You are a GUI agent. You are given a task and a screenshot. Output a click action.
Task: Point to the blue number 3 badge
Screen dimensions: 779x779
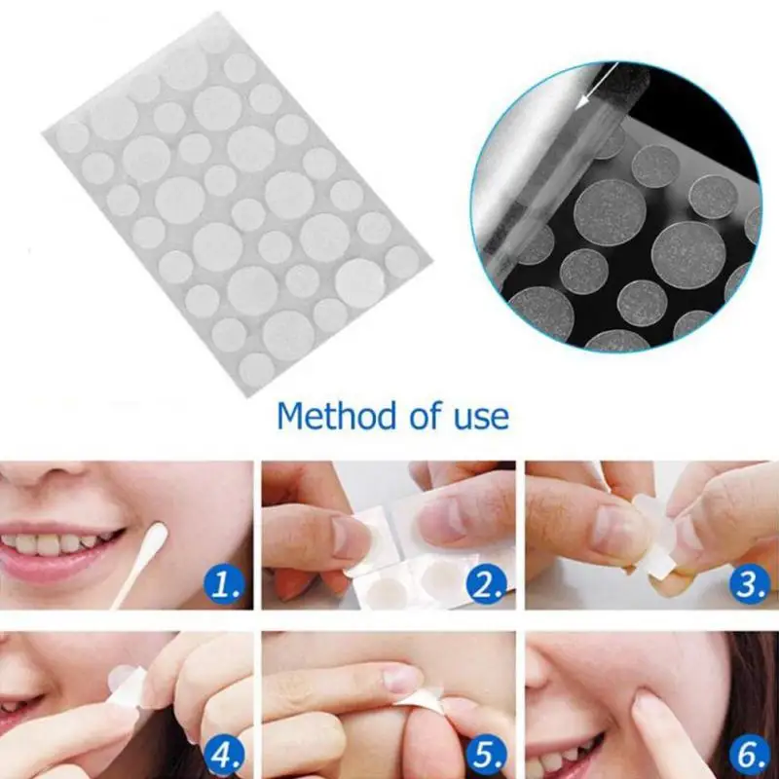(750, 586)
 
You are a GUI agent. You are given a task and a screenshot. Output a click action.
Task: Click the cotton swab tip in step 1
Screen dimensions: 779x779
(159, 534)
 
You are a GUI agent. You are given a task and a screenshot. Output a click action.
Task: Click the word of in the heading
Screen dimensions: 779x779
(424, 416)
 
